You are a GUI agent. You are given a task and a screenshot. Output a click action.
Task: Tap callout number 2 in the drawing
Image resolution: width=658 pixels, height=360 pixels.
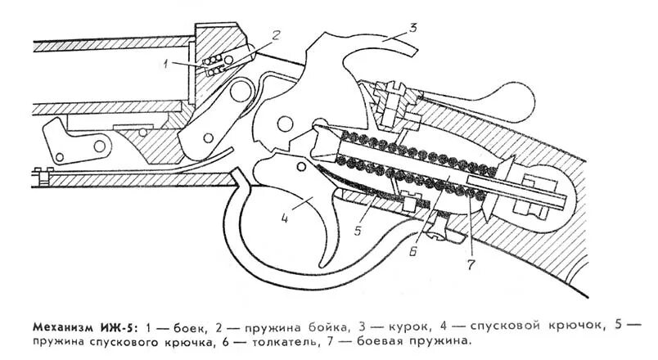pos(277,34)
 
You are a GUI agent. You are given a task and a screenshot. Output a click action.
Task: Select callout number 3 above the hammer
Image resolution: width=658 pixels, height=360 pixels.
pos(413,27)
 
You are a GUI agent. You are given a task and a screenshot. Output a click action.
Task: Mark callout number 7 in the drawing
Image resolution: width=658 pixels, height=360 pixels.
pos(471,263)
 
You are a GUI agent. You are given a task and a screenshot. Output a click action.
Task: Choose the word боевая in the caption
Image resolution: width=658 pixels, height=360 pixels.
pos(385,339)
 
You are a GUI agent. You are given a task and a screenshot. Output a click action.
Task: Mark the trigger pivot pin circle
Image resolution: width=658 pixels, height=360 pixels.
pos(302,167)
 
